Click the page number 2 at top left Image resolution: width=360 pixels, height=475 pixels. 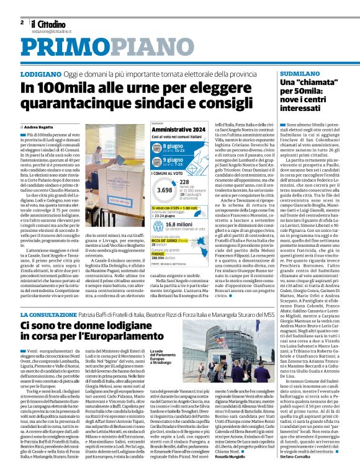pyautogui.click(x=22, y=22)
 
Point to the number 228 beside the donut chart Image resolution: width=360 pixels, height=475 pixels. pyautogui.click(x=184, y=182)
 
